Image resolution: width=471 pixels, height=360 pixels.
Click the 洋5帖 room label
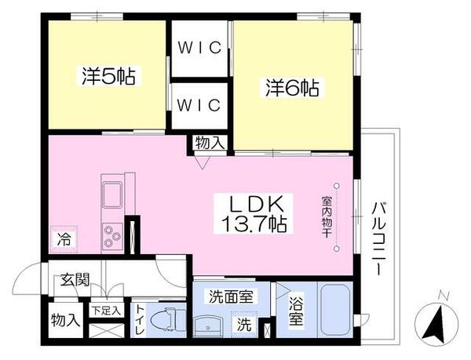pos(108,77)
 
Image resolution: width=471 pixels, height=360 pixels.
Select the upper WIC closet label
pos(199,47)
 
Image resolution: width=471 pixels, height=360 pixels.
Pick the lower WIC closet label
pos(199,105)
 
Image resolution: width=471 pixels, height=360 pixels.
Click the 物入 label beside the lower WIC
pos(210,144)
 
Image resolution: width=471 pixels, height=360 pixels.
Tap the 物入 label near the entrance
pos(65,320)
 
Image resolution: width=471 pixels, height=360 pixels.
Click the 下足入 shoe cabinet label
pos(104,311)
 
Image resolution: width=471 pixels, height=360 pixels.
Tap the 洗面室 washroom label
pos(231,296)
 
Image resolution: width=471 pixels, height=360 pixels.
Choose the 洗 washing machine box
pos(244,322)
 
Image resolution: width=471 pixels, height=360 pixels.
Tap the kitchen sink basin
pos(111,194)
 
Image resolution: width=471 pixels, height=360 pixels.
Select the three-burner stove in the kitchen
pos(111,235)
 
